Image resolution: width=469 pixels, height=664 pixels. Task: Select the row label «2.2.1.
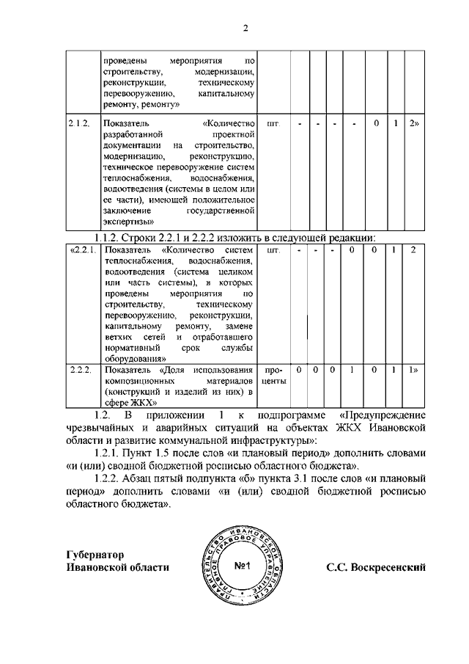pyautogui.click(x=81, y=251)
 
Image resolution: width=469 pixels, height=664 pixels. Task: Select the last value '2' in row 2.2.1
pyautogui.click(x=413, y=251)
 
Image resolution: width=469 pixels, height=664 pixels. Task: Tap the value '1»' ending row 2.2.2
pyautogui.click(x=414, y=370)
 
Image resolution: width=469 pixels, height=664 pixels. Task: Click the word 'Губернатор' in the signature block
pyautogui.click(x=95, y=555)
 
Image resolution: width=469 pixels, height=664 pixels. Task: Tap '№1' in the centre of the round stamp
pyautogui.click(x=243, y=566)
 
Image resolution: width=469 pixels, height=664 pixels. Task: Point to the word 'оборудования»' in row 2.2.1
pyautogui.click(x=134, y=359)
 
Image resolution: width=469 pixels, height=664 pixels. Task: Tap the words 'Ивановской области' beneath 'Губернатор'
pyautogui.click(x=117, y=567)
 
